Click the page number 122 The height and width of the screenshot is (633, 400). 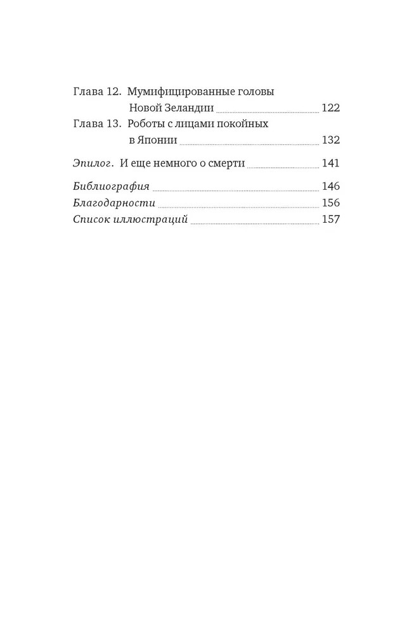[331, 108]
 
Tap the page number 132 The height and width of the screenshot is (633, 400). [331, 141]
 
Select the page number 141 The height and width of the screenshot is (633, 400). [331, 164]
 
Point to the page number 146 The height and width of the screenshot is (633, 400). [331, 187]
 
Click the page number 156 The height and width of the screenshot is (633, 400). [331, 203]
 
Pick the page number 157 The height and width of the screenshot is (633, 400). [331, 220]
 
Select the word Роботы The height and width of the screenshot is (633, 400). [146, 124]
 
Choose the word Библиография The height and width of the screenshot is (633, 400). [111, 187]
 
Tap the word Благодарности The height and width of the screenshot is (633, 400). [113, 203]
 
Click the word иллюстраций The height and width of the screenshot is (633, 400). [155, 220]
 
